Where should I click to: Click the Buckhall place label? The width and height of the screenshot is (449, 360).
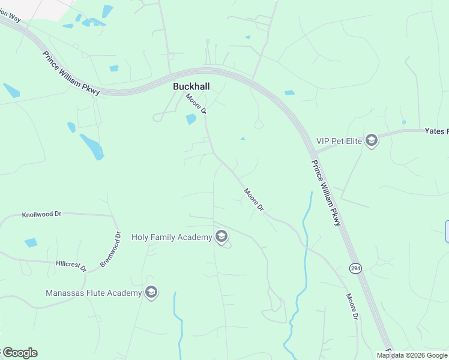(191, 86)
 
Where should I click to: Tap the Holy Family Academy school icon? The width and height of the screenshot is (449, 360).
(221, 237)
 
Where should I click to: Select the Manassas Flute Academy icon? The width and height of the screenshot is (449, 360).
(151, 293)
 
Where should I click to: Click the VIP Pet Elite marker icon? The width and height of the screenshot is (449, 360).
(372, 141)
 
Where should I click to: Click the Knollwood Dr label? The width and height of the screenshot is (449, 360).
(42, 214)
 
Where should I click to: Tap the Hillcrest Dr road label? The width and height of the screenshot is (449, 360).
(71, 265)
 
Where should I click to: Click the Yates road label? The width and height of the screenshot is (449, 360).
(436, 130)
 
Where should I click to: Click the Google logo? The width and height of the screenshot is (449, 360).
(20, 353)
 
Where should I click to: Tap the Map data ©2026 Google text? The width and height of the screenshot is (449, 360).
(412, 355)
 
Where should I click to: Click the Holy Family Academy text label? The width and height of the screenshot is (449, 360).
(172, 237)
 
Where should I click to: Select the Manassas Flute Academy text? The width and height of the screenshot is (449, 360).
(94, 293)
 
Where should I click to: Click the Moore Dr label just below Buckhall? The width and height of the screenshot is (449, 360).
(196, 104)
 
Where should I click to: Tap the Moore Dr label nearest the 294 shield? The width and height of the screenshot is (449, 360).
(352, 307)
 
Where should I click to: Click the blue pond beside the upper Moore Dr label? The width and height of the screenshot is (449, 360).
(191, 119)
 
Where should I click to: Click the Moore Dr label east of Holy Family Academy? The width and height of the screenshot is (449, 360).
(253, 199)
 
